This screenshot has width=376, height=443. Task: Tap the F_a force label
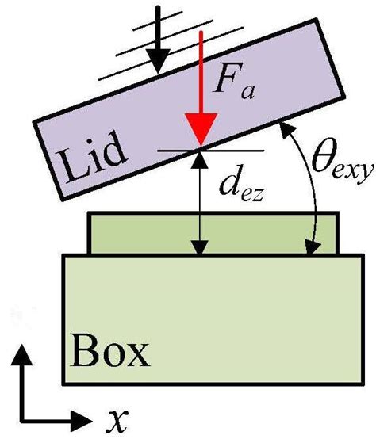point(240,82)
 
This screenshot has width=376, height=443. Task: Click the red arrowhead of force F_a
point(201,132)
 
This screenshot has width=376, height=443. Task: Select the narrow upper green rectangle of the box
point(215,233)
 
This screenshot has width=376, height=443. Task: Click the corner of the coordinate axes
point(23,418)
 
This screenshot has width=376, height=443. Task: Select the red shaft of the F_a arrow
point(201,71)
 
